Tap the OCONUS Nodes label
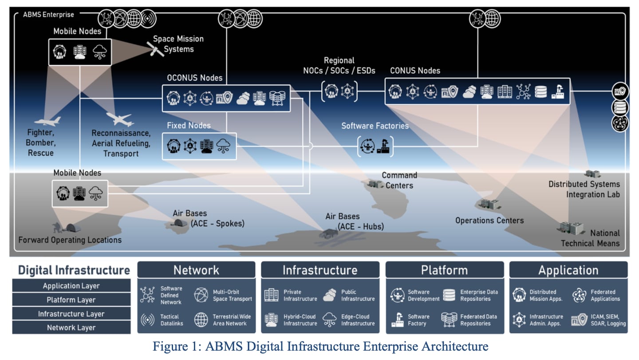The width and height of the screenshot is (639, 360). (x=194, y=78)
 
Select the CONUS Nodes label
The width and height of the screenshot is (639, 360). (x=415, y=71)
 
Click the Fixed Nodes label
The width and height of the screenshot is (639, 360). (x=189, y=126)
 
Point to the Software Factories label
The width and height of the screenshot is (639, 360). (x=375, y=126)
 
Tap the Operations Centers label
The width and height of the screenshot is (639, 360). (x=489, y=221)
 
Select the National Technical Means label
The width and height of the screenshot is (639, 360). (x=590, y=238)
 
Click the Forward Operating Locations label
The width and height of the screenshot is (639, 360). (x=70, y=240)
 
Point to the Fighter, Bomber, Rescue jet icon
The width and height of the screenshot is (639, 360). (x=47, y=121)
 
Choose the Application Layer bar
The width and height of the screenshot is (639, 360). (x=71, y=286)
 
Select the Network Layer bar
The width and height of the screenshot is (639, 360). (x=71, y=328)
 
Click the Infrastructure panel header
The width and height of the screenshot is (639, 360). (x=320, y=270)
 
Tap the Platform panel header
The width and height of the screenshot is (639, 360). (x=444, y=270)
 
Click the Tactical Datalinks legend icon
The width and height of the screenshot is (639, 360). (x=147, y=320)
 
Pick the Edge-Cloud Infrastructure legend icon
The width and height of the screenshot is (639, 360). (x=329, y=320)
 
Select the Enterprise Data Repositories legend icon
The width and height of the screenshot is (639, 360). (x=450, y=295)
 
